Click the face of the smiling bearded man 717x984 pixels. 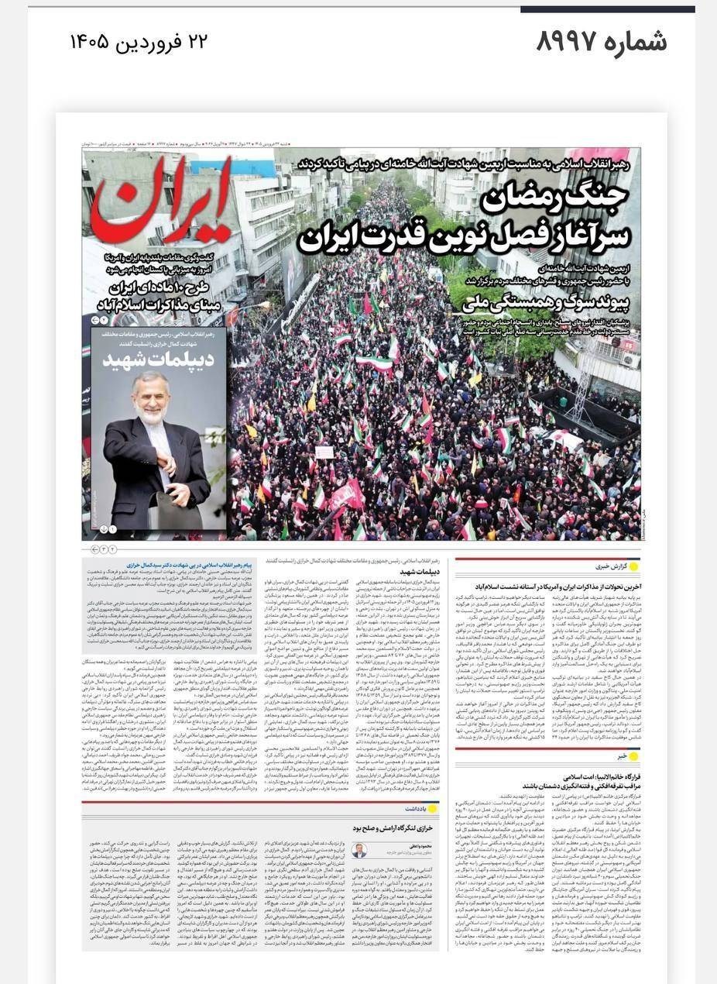click(x=149, y=397)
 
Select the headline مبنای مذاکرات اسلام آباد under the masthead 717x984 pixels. click(x=165, y=306)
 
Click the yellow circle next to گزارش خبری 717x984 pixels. click(x=634, y=567)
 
